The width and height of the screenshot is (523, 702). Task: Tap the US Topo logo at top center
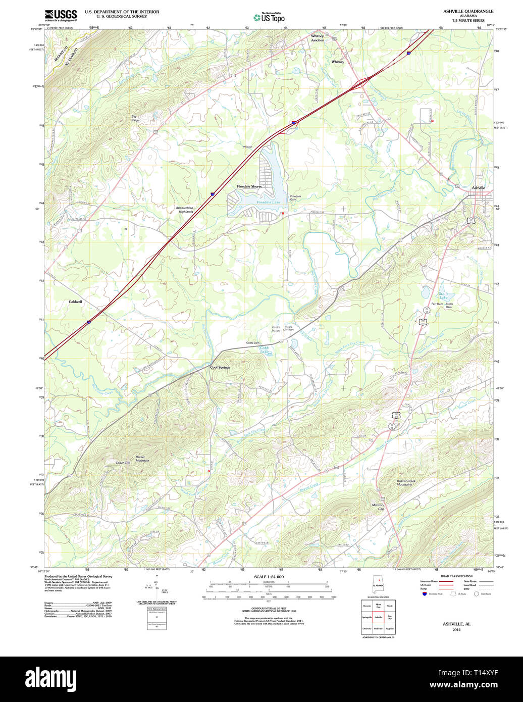coord(269,17)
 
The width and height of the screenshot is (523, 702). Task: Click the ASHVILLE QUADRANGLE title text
coord(468,11)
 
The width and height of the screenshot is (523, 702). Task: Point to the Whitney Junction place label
coord(317,38)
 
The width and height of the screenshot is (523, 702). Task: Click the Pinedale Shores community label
coord(249,186)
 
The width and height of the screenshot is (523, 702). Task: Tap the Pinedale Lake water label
coord(268,202)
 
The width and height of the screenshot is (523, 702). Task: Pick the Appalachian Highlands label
coord(184,210)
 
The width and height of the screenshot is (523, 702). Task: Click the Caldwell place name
coord(75,302)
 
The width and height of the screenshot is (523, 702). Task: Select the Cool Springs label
coord(220,367)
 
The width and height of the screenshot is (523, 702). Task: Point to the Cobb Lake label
coord(264,349)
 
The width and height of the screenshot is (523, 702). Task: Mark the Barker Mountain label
coord(142,459)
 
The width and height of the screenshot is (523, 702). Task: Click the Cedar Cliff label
coord(123,463)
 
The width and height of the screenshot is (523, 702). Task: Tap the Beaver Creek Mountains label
coord(404,482)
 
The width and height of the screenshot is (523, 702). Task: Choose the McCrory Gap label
coord(378,507)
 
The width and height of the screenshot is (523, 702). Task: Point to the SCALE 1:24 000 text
coord(269,577)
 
